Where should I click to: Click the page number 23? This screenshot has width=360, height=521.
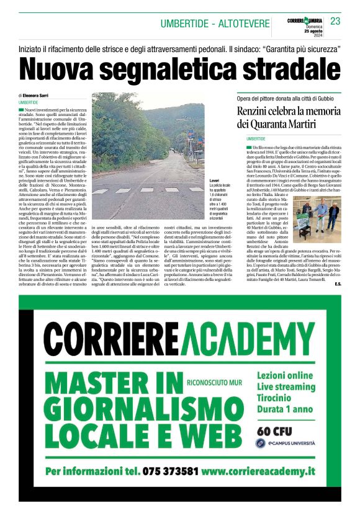tap(335, 22)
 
